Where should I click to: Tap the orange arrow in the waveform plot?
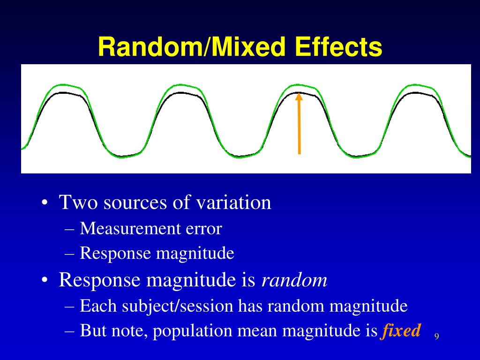click(x=299, y=127)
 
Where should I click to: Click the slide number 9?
click(x=436, y=337)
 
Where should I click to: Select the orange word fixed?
click(x=401, y=331)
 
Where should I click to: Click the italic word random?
click(x=294, y=280)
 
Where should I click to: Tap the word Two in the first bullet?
click(x=78, y=202)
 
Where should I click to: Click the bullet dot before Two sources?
click(x=44, y=203)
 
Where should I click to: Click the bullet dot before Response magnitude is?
click(x=44, y=281)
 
